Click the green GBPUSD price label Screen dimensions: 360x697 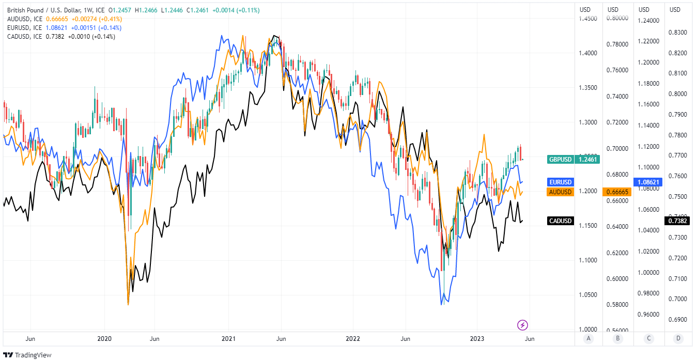[x=560, y=160]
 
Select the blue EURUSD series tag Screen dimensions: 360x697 [x=560, y=182]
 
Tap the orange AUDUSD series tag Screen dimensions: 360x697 [x=560, y=192]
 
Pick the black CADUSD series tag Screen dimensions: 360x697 [x=560, y=221]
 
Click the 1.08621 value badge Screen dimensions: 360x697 [x=647, y=182]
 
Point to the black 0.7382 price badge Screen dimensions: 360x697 [x=678, y=221]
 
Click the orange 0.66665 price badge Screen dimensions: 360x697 [x=617, y=192]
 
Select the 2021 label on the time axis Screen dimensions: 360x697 [x=228, y=339]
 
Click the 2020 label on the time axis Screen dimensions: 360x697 [x=104, y=339]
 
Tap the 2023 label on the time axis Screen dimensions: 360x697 [x=477, y=339]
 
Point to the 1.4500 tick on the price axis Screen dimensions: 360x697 [x=588, y=19]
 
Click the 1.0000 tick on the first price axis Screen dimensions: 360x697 [x=588, y=330]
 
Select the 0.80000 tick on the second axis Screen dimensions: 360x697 [x=617, y=19]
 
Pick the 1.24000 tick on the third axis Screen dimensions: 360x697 [x=649, y=21]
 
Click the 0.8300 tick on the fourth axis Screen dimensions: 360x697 [x=678, y=33]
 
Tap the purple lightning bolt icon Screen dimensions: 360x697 [x=522, y=325]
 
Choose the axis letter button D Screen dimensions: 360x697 [x=677, y=339]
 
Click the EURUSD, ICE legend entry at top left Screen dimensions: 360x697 [x=25, y=27]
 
